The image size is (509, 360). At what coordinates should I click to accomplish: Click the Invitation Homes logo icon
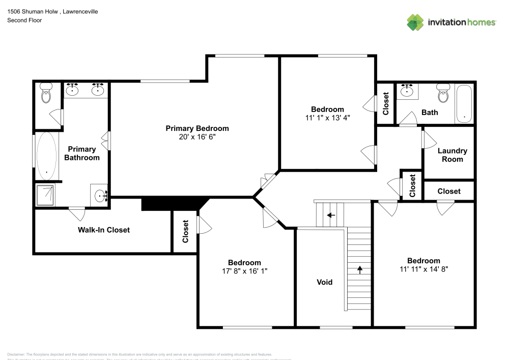tap(415, 22)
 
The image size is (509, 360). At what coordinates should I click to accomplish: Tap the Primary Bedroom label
tap(197, 128)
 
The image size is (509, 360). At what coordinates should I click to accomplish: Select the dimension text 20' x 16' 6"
tap(197, 137)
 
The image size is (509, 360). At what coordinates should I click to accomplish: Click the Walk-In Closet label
tap(103, 230)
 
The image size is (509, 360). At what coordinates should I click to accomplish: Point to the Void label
tap(324, 282)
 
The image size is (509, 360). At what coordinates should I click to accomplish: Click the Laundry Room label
tap(452, 155)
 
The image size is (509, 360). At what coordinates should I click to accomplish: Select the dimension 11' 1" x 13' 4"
tap(327, 118)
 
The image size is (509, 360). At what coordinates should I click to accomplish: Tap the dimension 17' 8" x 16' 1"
tap(244, 271)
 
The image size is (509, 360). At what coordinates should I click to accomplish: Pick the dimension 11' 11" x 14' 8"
tap(423, 269)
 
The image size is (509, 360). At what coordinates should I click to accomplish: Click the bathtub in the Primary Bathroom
tap(47, 156)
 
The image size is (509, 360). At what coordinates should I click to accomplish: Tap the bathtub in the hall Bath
tap(464, 104)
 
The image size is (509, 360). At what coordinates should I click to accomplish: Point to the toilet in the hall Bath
tap(443, 94)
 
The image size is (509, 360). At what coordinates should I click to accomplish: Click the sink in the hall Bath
tap(407, 91)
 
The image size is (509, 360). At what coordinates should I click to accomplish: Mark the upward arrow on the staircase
tap(360, 269)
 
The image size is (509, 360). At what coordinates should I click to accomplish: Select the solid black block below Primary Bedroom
tap(173, 204)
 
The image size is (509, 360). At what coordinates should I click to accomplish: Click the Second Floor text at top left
tap(24, 20)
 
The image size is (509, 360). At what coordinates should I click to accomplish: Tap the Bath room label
tap(429, 113)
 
